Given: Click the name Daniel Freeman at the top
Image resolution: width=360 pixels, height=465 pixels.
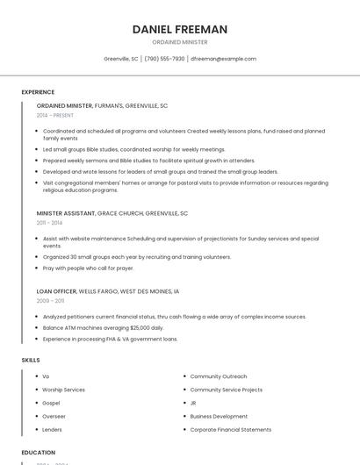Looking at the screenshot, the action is [179, 29].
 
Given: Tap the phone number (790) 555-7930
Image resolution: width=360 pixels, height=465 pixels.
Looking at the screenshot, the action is [164, 59].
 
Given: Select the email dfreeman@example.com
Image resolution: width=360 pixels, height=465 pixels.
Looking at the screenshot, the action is [224, 59].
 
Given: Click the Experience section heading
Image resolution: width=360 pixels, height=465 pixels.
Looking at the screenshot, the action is [38, 92].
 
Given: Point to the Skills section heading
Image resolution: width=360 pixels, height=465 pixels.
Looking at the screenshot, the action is [31, 360].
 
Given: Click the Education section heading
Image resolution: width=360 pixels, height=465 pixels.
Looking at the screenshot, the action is [38, 453].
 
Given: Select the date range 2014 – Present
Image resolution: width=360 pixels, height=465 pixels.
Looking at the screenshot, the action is [55, 115].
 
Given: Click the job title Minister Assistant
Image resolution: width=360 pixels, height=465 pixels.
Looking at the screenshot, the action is [65, 213].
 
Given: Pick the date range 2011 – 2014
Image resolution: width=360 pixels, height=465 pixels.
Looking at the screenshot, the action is [49, 223].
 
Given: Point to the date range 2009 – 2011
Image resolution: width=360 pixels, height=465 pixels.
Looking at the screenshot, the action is [50, 301].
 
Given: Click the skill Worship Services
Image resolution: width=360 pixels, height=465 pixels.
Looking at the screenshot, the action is [63, 390].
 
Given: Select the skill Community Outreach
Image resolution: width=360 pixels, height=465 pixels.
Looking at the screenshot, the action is [218, 376].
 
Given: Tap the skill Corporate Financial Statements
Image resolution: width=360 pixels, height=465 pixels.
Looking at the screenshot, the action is [230, 430].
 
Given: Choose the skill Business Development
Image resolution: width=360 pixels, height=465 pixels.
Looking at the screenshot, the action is [219, 417].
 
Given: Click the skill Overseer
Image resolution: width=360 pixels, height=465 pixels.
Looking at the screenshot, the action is [54, 417].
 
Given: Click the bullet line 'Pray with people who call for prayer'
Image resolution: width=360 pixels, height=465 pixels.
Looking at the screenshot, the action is [88, 268].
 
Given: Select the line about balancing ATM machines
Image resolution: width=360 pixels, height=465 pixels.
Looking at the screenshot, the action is [103, 327].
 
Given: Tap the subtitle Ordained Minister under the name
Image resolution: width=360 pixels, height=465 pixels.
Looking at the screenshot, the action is [179, 42].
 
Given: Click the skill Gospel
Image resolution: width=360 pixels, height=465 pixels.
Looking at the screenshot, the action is [51, 403].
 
